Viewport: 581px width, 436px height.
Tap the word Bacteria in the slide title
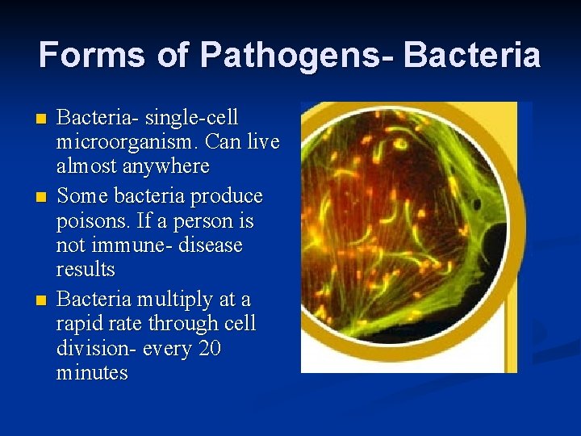[x=472, y=55]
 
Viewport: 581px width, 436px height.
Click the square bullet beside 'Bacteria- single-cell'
[x=42, y=119]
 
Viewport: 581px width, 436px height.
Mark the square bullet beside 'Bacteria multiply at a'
[x=42, y=301]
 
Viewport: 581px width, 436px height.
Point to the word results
[x=86, y=269]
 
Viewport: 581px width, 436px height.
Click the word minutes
[x=92, y=372]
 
